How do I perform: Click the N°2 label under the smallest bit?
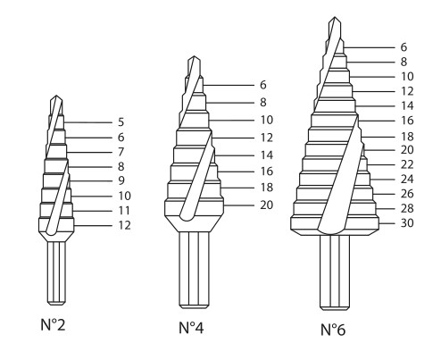click(x=53, y=324)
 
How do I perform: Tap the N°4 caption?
click(x=191, y=328)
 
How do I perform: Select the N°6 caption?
click(x=333, y=330)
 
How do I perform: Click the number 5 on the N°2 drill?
click(x=121, y=122)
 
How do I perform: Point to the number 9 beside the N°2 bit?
click(x=121, y=180)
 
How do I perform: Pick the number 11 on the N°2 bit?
click(x=124, y=211)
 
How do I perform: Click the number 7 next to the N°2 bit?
click(x=121, y=152)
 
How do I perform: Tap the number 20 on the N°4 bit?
click(x=267, y=205)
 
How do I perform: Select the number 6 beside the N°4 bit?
click(x=263, y=85)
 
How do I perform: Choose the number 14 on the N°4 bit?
click(x=267, y=155)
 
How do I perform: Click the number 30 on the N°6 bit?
click(x=407, y=222)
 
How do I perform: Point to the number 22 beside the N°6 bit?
click(x=407, y=164)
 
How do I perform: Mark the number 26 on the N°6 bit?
click(x=407, y=194)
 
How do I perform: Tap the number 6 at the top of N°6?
click(x=404, y=47)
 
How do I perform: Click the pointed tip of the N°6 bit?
click(x=335, y=17)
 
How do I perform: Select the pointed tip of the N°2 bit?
click(x=56, y=96)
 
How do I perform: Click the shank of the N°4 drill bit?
click(x=194, y=270)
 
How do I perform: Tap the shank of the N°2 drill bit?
click(x=56, y=272)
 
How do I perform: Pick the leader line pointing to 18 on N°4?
click(x=237, y=188)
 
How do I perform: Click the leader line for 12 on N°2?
click(x=93, y=226)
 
